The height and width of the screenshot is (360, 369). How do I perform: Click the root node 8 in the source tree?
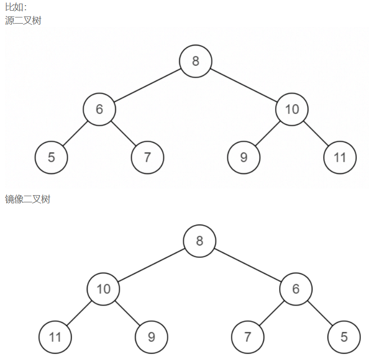196,61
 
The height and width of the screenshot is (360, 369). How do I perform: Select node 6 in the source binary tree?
100,109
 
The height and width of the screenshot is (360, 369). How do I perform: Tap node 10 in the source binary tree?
292,109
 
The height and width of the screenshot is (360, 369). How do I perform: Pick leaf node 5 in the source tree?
51,157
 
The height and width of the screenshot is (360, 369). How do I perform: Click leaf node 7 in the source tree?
147,157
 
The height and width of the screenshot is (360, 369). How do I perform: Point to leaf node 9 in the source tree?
244,157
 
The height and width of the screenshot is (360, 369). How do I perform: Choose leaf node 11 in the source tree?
340,157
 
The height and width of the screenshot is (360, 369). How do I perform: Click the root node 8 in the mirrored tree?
200,241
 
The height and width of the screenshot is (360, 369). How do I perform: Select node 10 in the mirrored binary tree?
103,289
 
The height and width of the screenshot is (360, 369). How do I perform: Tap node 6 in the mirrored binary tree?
296,289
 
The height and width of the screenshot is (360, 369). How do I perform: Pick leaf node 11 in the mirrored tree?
55,337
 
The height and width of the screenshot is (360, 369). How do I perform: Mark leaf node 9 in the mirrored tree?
151,337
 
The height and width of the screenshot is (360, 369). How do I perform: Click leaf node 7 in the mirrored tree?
247,337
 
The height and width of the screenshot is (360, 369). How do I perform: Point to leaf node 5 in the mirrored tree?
344,337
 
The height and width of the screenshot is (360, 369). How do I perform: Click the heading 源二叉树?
23,21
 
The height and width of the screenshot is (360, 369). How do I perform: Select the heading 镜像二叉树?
28,199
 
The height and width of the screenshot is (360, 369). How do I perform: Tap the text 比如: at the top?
15,7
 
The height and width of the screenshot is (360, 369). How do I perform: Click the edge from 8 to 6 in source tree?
148,85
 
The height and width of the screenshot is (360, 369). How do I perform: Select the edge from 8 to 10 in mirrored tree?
151,265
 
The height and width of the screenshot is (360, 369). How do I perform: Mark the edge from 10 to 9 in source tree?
267,133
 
